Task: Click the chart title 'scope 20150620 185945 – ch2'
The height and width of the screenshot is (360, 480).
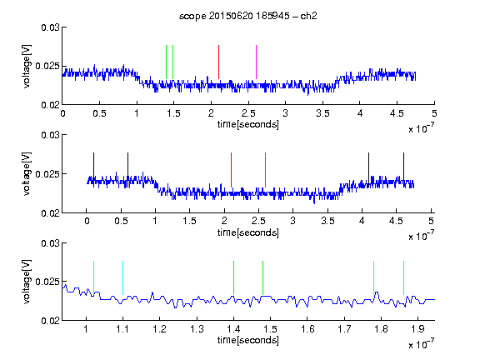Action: click(x=248, y=16)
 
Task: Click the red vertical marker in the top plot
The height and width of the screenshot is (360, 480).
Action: click(x=218, y=62)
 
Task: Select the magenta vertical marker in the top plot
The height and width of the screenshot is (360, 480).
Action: click(x=256, y=62)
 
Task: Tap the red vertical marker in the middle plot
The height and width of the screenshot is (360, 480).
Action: click(x=231, y=170)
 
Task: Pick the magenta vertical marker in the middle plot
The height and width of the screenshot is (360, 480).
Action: click(x=265, y=170)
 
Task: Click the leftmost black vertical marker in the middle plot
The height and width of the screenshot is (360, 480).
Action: click(x=93, y=170)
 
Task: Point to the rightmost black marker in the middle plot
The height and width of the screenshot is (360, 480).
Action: click(x=403, y=170)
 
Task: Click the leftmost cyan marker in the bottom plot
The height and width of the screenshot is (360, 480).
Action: click(x=93, y=278)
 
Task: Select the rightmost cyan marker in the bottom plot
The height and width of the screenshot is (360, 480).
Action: click(x=403, y=278)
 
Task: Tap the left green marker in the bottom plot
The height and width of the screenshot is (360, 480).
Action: click(x=233, y=278)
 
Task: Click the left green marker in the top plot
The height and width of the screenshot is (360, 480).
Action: click(x=166, y=62)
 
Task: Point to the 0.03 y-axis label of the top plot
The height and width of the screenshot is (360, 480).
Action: click(x=50, y=27)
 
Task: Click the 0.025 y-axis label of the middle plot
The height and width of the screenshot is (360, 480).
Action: click(x=47, y=174)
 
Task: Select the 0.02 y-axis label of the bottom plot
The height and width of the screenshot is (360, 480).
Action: click(x=50, y=321)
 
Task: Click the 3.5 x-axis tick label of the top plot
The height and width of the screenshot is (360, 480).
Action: click(x=322, y=113)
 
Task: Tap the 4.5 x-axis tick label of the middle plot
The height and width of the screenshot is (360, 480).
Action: click(x=396, y=221)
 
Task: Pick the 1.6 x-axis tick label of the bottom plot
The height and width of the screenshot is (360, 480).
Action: click(x=307, y=329)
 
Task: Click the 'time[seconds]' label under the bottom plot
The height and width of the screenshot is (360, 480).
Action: click(x=248, y=340)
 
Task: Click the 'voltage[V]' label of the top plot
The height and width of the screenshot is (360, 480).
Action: click(x=27, y=66)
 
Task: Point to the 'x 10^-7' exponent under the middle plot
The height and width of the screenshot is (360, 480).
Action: click(x=421, y=235)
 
